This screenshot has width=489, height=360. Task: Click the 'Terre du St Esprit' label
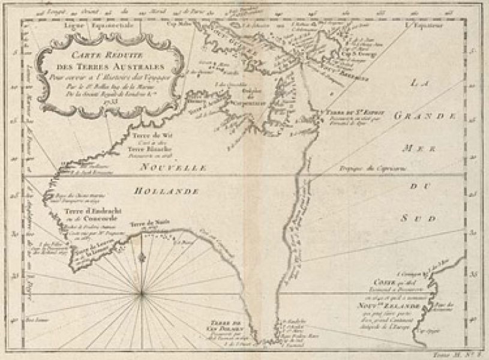[366, 112]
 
